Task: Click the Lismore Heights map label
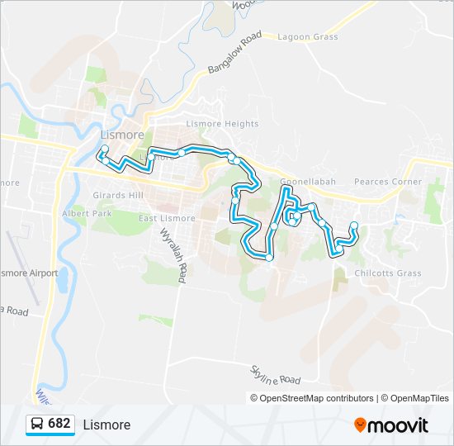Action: point(222,124)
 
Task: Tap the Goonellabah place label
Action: point(306,182)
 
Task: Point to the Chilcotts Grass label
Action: point(387,273)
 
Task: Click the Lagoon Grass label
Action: point(308,37)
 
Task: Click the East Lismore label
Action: point(167,218)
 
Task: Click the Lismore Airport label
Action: point(30,273)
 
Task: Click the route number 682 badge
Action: point(59,424)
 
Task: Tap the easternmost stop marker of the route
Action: point(354,225)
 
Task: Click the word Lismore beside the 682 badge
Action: point(106,425)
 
